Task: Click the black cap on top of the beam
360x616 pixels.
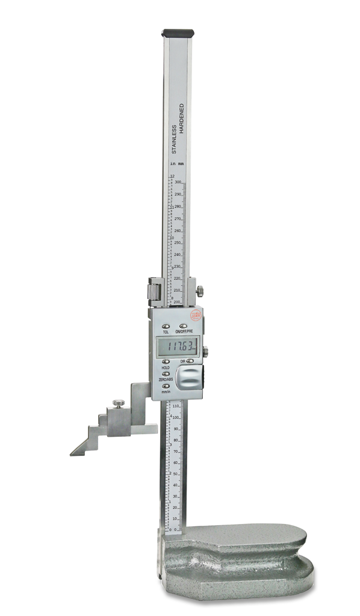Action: (x=177, y=33)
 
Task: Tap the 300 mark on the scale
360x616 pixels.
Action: (x=178, y=182)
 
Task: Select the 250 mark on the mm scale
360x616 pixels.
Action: (x=178, y=242)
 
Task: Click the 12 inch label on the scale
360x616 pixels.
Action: (x=172, y=176)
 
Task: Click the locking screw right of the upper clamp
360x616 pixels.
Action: (x=199, y=291)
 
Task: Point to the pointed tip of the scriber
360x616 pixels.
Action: (x=72, y=454)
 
